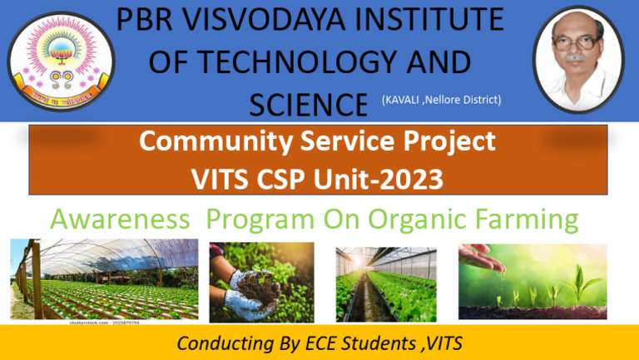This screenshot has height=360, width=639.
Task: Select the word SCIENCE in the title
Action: tap(308, 105)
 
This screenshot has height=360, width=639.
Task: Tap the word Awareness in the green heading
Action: tap(119, 219)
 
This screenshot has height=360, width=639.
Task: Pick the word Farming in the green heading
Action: tap(529, 219)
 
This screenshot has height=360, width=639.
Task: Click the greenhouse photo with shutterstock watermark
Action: tap(104, 280)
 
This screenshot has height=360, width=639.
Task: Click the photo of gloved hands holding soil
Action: tap(261, 282)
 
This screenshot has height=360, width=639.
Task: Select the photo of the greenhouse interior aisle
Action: tap(386, 284)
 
